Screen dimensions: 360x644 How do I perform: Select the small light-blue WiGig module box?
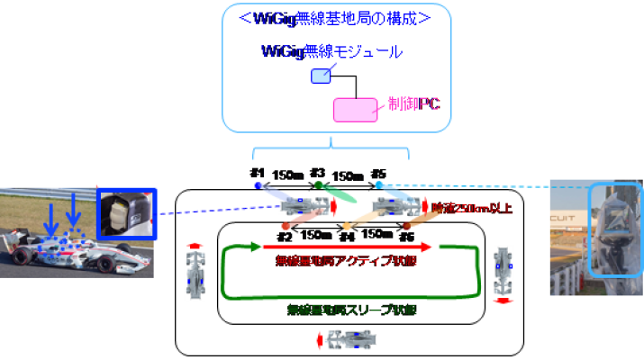pos(321,76)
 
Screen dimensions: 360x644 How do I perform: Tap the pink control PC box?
pos(356,110)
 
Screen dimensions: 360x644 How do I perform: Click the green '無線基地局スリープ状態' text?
pos(345,309)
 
